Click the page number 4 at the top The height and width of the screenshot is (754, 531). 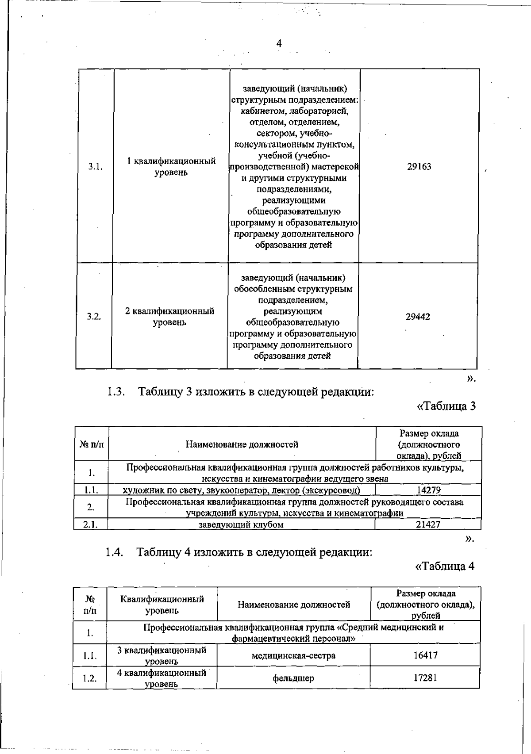279,43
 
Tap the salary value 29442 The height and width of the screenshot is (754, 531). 418,317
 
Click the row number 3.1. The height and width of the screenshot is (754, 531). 96,167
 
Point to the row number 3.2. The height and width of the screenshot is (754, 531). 94,317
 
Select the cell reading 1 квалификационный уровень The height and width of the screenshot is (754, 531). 171,167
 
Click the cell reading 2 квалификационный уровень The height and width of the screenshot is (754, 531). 169,317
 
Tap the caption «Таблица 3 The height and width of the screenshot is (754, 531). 446,406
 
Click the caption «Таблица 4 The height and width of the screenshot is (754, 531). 445,566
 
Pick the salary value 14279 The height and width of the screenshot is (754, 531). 429,490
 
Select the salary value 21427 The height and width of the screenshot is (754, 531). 428,524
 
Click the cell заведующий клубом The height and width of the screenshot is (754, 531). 241,524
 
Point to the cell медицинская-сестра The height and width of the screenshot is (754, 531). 293,655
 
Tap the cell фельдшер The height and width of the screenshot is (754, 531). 293,678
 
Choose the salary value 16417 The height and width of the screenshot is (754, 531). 426,655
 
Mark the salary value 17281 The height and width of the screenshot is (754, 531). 425,677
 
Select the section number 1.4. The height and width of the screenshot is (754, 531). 114,552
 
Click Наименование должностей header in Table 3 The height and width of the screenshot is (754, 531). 242,444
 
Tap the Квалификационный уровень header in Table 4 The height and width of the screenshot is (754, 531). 162,605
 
